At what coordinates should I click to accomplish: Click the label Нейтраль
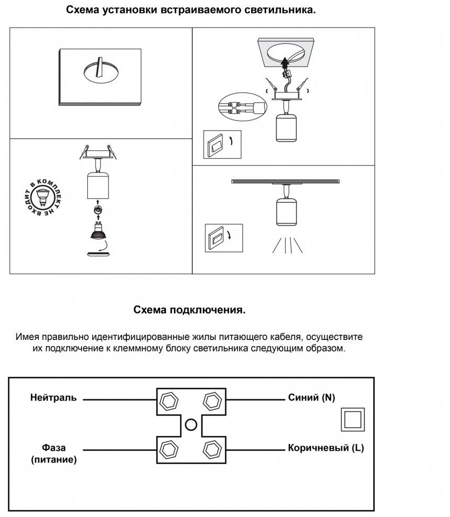[53, 398]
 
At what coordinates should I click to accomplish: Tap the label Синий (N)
[311, 398]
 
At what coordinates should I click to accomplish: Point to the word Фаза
[54, 448]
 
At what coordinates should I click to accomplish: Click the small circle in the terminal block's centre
[192, 425]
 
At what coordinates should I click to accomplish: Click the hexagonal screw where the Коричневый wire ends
[212, 449]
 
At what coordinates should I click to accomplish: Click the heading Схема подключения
[190, 310]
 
